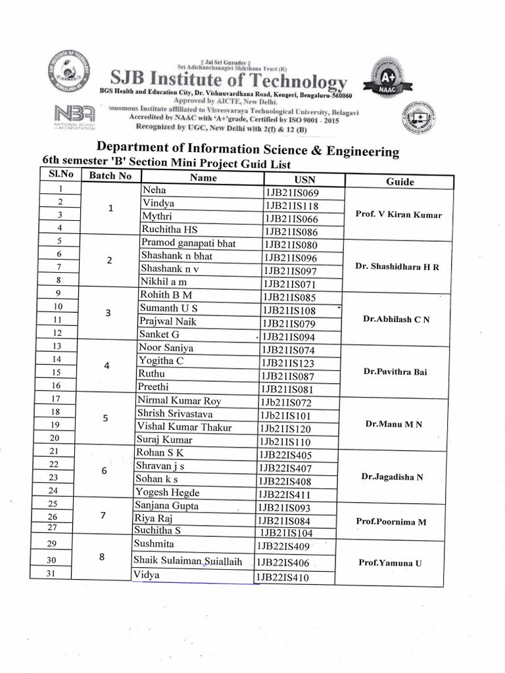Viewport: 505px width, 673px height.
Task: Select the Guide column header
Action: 400,181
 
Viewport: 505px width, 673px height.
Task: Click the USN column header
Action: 304,179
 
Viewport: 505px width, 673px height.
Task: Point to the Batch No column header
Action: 110,175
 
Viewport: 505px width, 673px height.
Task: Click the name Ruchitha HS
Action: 170,229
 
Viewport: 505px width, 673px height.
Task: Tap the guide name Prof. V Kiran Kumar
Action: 398,214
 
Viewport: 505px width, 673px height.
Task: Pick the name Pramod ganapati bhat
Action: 188,243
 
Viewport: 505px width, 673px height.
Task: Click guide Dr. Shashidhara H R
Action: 397,266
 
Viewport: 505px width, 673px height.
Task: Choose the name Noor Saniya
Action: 165,348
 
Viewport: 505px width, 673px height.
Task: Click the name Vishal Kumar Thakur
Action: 184,427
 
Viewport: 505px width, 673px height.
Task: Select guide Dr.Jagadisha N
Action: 392,476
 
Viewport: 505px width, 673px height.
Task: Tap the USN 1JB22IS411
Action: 284,494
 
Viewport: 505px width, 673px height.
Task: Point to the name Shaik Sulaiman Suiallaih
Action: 188,561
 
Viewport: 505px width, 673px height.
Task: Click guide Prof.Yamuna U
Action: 390,563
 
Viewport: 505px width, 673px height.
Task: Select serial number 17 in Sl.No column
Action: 55,399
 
